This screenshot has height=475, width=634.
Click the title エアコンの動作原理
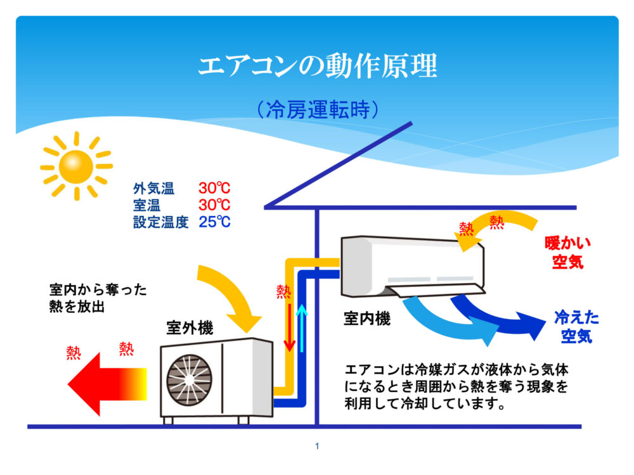coord(317,66)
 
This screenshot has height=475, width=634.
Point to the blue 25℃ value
coord(214,222)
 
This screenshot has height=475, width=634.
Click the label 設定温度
coord(161,222)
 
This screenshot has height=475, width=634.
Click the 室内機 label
coord(367,319)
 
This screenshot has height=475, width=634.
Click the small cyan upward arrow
coord(302,326)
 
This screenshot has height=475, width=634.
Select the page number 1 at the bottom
coord(317,446)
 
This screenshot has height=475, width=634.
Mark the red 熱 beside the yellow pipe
coord(283,291)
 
